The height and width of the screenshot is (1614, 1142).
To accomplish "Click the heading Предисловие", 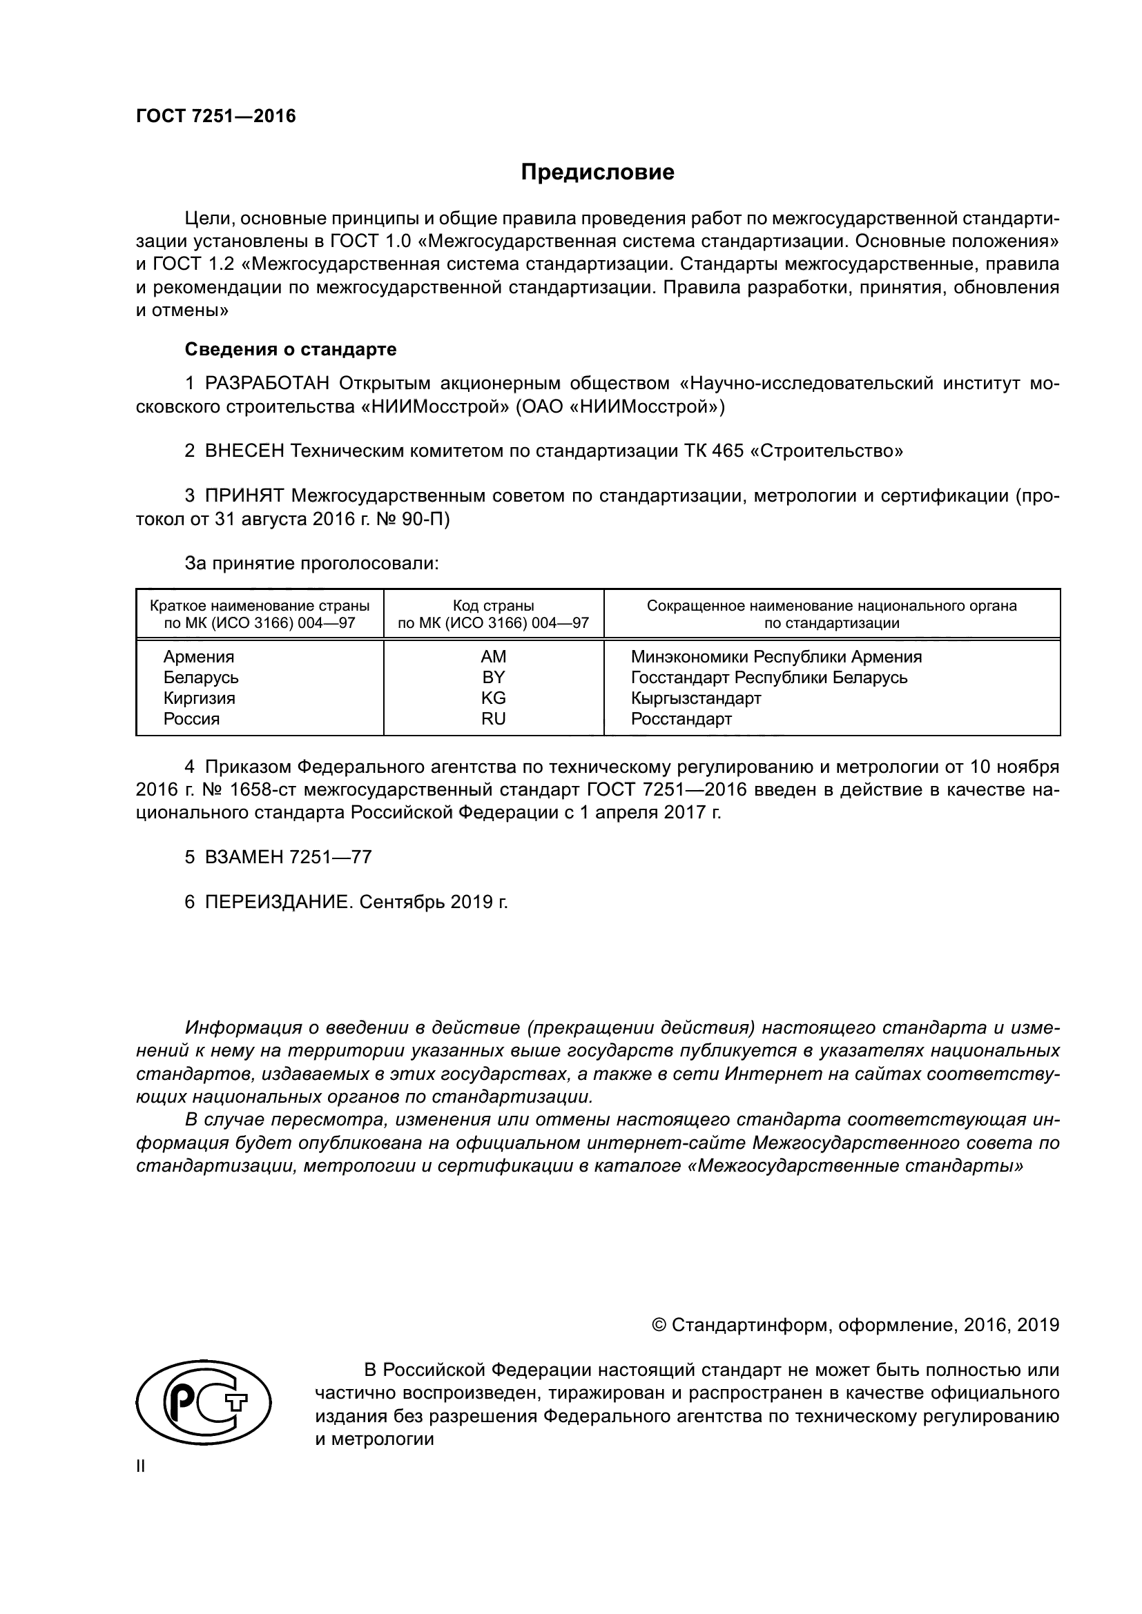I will point(597,173).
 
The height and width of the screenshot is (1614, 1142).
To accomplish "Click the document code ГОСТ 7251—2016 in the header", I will point(216,117).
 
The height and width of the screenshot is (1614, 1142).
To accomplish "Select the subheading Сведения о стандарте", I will point(291,349).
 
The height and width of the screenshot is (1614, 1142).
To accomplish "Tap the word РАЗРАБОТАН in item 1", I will point(267,384).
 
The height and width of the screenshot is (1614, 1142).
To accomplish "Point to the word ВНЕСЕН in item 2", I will point(244,451).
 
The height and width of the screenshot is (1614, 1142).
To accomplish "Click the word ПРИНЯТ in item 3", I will point(244,496).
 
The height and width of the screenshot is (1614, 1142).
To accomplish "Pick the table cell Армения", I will point(199,656).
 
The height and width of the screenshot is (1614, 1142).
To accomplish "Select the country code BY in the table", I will point(493,678).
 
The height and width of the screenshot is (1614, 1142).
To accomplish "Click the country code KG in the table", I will point(493,698).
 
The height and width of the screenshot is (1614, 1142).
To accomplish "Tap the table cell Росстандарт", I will point(681,719).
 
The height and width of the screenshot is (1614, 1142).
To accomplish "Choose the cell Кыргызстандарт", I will point(696,698).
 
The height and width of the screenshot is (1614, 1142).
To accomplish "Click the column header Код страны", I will point(493,606).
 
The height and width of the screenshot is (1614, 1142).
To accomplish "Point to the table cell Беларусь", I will point(201,678).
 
